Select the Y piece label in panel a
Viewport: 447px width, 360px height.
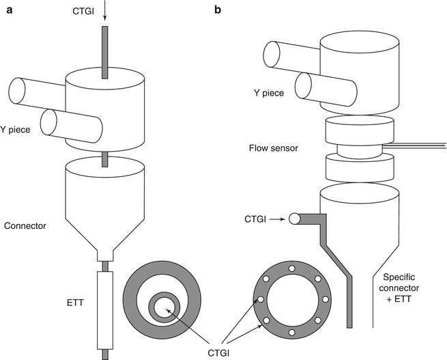pos(18,128)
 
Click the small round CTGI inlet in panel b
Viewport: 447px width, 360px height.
pos(294,219)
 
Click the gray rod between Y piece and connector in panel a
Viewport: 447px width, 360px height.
pos(104,159)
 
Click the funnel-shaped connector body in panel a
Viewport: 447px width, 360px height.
pos(104,205)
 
